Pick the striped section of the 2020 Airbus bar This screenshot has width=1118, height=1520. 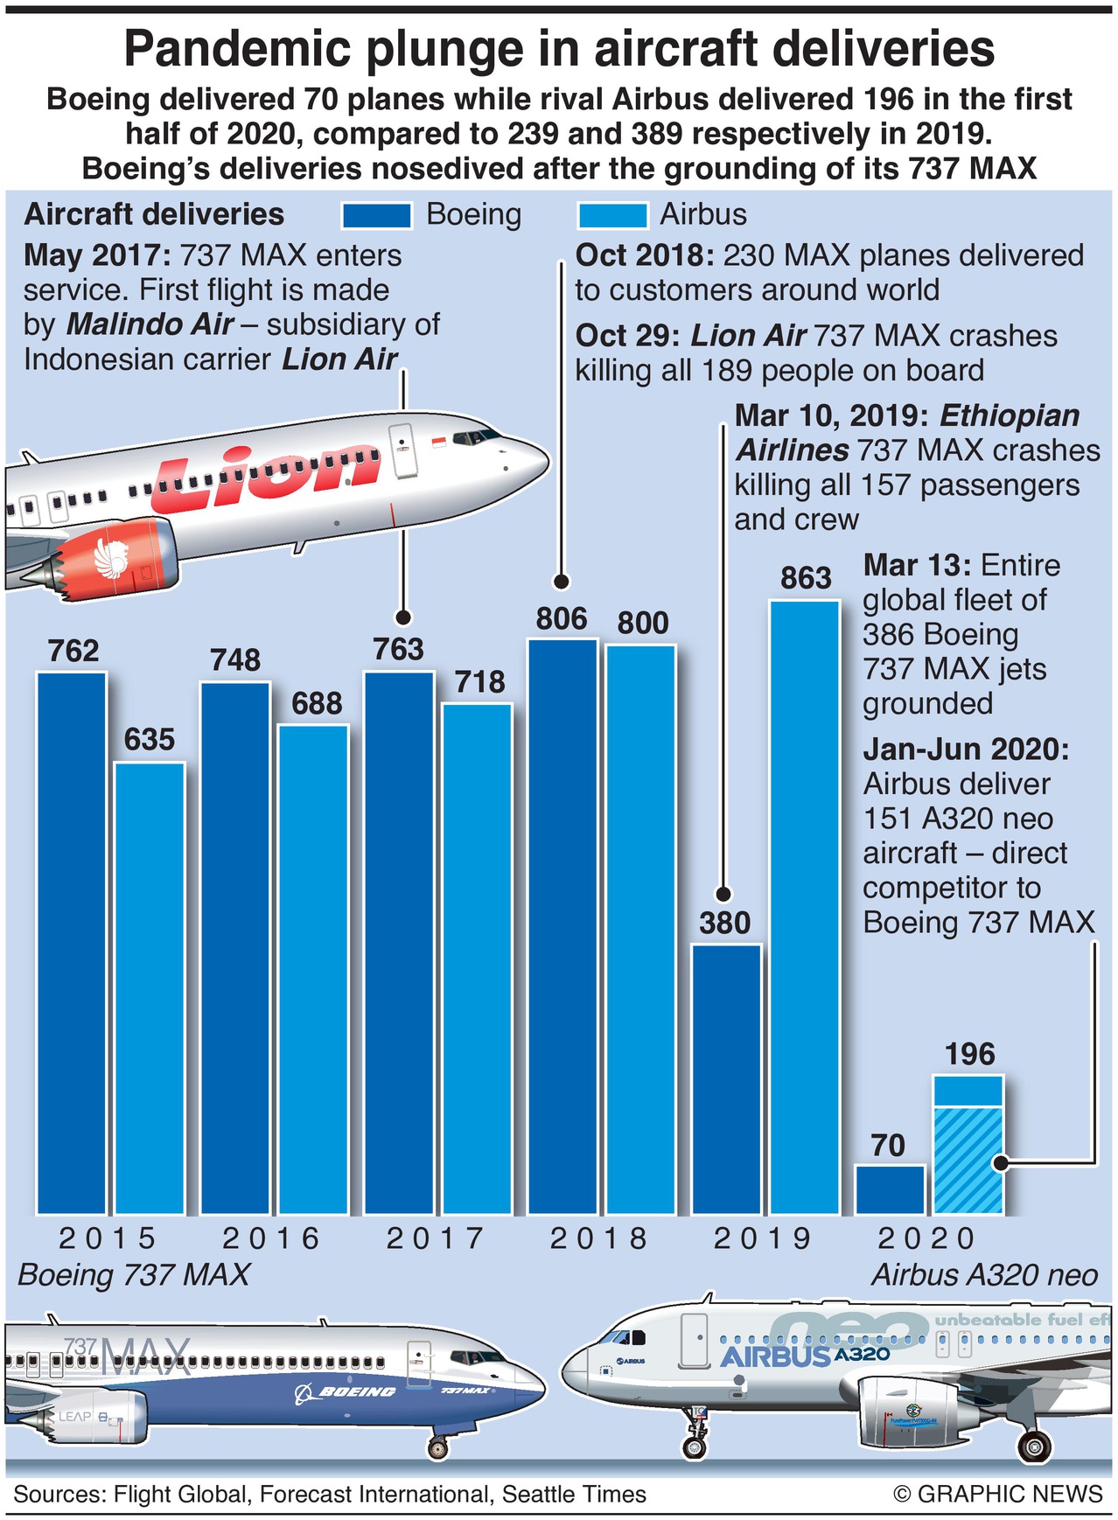point(968,1160)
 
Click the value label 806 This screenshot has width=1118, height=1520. point(562,619)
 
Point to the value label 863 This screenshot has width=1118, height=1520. point(806,578)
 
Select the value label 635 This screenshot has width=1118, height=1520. point(150,740)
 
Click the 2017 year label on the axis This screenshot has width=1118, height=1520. point(435,1238)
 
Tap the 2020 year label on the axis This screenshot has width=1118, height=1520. point(926,1238)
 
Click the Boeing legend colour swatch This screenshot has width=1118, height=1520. point(376,215)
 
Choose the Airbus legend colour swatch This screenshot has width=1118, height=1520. point(612,215)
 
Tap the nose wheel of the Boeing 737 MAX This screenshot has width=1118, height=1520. point(437,1449)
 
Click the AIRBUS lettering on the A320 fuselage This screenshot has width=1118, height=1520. point(774,1357)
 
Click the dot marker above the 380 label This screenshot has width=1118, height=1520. point(723,894)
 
